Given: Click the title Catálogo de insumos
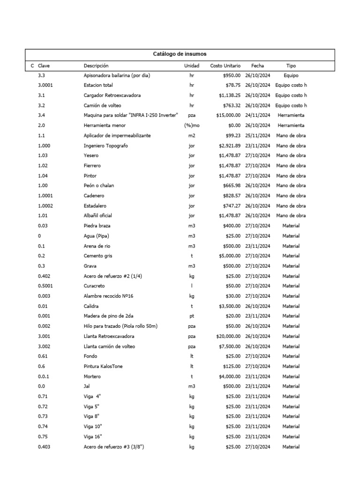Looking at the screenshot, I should click(180, 54).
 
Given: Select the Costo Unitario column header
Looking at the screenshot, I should click(225, 66).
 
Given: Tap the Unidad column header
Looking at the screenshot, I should click(191, 66).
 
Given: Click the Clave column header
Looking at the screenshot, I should click(44, 66).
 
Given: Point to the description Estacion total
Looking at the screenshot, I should click(98, 85).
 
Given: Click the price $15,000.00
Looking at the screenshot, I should click(228, 115).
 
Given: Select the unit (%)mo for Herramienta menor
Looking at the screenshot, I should click(192, 126).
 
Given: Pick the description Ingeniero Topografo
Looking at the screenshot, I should click(105, 146).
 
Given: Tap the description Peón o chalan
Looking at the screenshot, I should click(98, 186).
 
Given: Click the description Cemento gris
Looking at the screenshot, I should click(98, 256).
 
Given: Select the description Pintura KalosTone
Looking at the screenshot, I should click(103, 367).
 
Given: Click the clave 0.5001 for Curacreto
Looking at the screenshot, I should click(46, 286).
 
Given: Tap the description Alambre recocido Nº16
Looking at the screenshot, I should click(108, 296).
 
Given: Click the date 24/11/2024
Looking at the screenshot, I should click(257, 115).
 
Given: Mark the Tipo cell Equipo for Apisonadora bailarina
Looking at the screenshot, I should click(291, 75).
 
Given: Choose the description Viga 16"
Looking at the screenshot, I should click(92, 437).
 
